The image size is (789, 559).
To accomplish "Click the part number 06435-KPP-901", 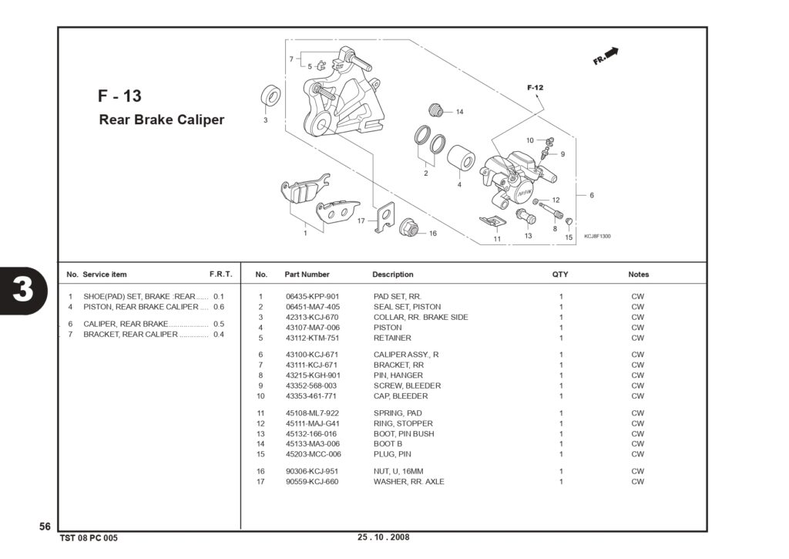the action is pyautogui.click(x=313, y=297).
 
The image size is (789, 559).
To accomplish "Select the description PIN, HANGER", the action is pyautogui.click(x=398, y=375).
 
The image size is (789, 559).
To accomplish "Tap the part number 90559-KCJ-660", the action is pyautogui.click(x=312, y=481).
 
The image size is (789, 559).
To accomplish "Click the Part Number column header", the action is pyautogui.click(x=307, y=274).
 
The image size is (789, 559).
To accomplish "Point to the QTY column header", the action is pyautogui.click(x=560, y=274).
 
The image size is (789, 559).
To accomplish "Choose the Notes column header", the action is pyautogui.click(x=639, y=274).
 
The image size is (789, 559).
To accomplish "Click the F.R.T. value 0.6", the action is pyautogui.click(x=219, y=307).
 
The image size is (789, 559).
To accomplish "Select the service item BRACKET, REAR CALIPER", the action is pyautogui.click(x=130, y=335).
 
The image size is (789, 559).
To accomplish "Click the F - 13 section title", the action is pyautogui.click(x=119, y=96).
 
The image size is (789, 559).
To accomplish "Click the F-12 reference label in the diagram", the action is pyautogui.click(x=536, y=88).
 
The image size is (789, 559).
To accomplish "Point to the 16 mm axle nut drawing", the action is pyautogui.click(x=409, y=227).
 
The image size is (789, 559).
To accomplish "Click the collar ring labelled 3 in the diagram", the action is pyautogui.click(x=270, y=96).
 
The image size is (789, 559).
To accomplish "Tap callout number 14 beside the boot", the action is pyautogui.click(x=459, y=112).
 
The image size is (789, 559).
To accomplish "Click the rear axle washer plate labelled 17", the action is pyautogui.click(x=385, y=217).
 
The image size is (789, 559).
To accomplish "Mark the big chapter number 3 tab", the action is pyautogui.click(x=23, y=291).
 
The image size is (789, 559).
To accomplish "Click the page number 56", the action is pyautogui.click(x=45, y=527).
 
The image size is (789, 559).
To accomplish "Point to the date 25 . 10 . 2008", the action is pyautogui.click(x=384, y=537).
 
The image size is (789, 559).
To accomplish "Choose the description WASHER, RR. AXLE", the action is pyautogui.click(x=408, y=481).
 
